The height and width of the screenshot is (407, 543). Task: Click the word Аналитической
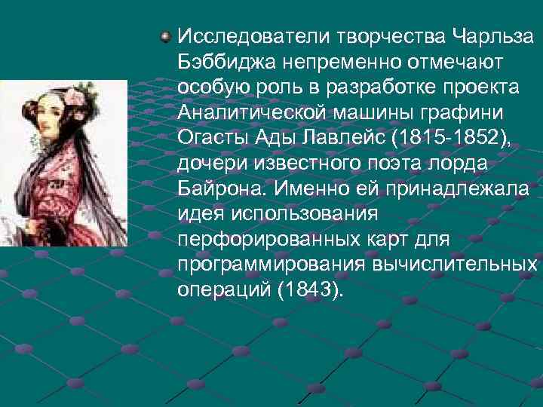click(251, 112)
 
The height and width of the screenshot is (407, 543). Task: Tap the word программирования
click(271, 265)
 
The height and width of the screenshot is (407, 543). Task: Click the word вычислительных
click(454, 265)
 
